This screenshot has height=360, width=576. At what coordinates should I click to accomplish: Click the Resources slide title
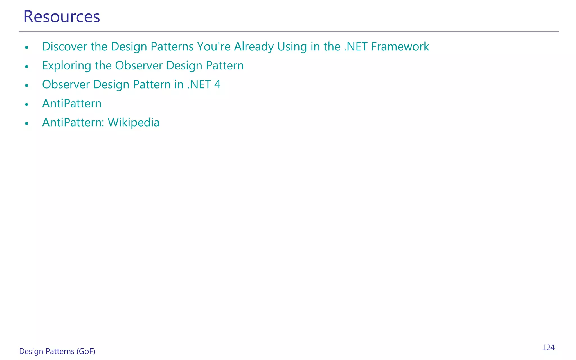point(62,17)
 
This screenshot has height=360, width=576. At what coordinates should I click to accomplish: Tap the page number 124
point(548,348)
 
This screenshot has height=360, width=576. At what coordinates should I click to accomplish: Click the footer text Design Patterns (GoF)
point(57,351)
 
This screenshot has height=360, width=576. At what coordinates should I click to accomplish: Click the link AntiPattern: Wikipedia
point(101,123)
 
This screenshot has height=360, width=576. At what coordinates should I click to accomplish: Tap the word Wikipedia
point(134,123)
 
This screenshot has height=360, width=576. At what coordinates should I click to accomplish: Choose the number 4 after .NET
point(217,84)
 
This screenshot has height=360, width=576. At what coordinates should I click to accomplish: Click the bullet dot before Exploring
point(27,67)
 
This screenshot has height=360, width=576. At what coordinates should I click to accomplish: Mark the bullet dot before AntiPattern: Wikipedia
point(27,123)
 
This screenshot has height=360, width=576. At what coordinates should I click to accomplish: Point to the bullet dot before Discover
point(27,48)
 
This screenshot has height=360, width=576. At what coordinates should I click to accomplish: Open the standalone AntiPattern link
point(72,103)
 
